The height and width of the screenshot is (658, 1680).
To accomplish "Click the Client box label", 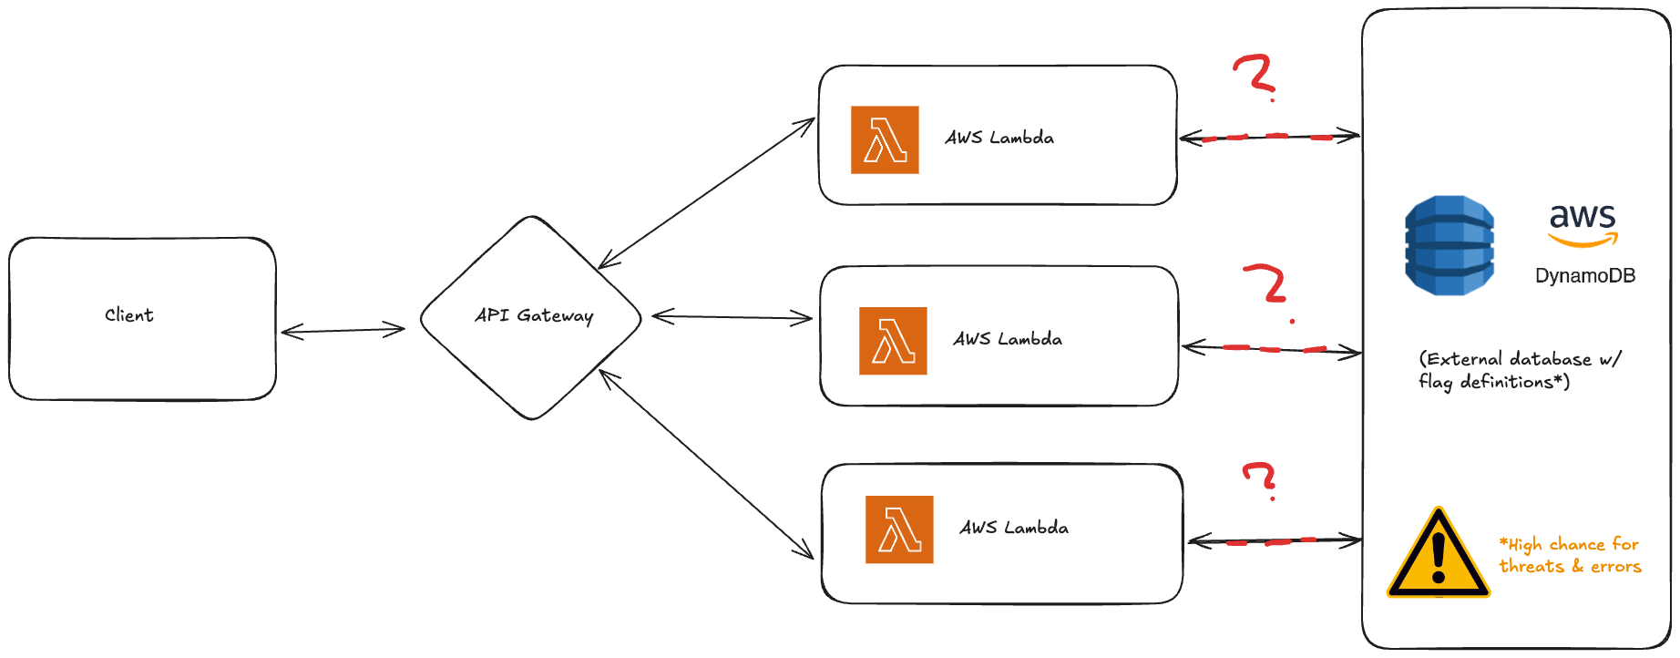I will click(x=129, y=315).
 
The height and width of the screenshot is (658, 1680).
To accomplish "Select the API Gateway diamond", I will click(x=532, y=317).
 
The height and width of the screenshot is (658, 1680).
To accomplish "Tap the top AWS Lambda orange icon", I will click(x=885, y=139).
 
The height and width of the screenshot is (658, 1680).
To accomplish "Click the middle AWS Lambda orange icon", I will click(x=893, y=341).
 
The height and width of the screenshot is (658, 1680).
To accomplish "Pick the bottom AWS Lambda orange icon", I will click(x=899, y=529).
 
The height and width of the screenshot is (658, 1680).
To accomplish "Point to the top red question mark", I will click(x=1255, y=75).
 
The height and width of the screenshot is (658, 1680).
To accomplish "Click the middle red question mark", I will click(x=1266, y=284).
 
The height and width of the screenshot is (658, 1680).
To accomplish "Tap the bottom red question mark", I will click(x=1261, y=478).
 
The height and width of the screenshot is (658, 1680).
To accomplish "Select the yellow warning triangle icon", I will click(x=1438, y=552).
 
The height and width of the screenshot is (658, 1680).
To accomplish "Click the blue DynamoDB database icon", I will click(x=1450, y=245).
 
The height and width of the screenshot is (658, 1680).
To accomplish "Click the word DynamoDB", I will click(x=1584, y=275).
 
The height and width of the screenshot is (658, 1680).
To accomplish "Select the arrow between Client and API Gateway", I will click(x=343, y=330).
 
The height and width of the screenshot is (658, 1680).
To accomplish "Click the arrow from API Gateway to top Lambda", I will click(x=706, y=192).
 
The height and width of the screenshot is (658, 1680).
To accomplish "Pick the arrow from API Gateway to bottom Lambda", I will click(x=706, y=464).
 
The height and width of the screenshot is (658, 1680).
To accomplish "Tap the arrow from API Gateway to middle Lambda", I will click(x=732, y=317).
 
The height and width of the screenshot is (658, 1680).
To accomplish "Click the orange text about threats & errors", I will click(x=1571, y=555).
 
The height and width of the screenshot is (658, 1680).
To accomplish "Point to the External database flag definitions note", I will click(x=1519, y=370).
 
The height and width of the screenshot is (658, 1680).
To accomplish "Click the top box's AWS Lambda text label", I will click(x=999, y=139).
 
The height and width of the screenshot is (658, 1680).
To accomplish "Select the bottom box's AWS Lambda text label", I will click(x=1014, y=528).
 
